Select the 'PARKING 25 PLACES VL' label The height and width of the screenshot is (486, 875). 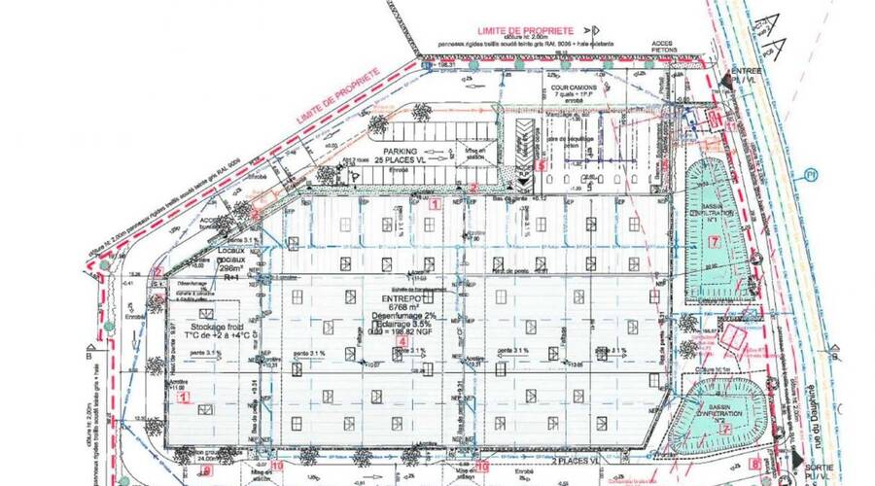pos(406,157)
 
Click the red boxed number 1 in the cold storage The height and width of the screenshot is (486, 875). pos(181,397)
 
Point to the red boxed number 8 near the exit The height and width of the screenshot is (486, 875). pos(757,465)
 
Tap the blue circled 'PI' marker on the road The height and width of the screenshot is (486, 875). pos(809,176)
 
